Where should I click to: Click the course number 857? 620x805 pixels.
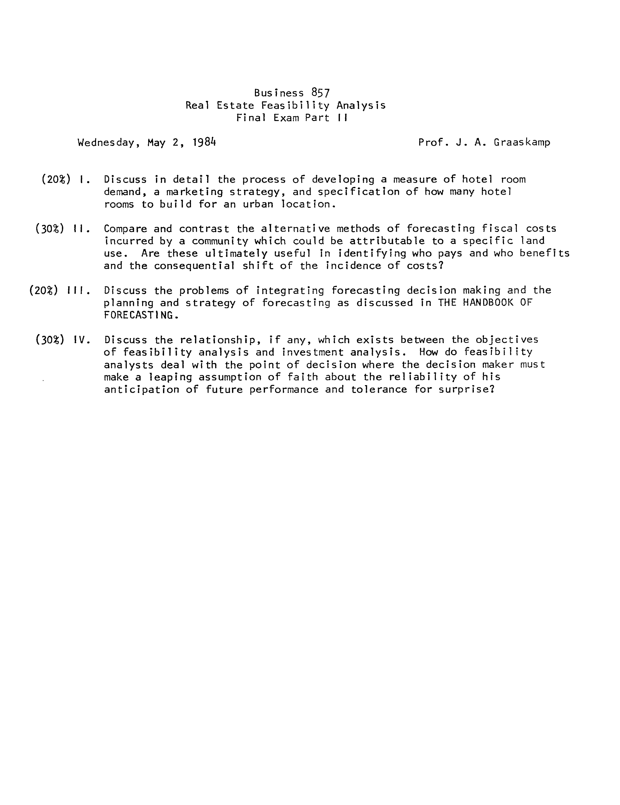pyautogui.click(x=320, y=93)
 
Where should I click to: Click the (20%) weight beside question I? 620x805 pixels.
pyautogui.click(x=56, y=179)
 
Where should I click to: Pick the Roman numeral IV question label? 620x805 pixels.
pyautogui.click(x=81, y=340)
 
